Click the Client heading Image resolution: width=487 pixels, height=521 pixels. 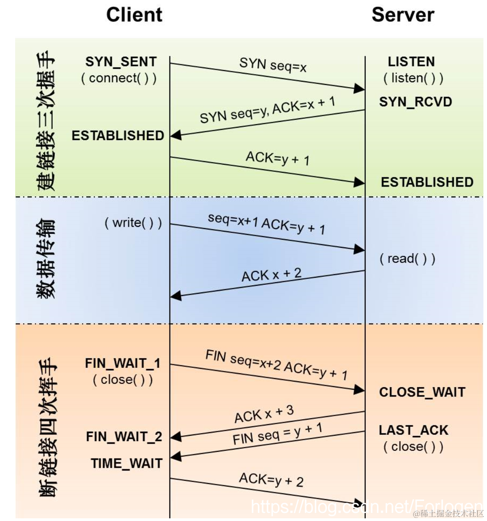pos(134,15)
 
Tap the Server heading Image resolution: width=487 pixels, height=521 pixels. pos(403,15)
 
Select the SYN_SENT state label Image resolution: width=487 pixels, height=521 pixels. pos(121,62)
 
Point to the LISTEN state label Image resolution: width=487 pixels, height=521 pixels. pos(411,62)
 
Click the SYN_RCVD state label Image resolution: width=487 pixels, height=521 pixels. pos(416,102)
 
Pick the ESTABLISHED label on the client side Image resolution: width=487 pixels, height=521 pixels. pos(118,135)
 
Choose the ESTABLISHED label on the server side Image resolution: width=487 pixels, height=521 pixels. pos(427,182)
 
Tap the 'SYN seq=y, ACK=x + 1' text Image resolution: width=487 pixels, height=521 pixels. pos(267,110)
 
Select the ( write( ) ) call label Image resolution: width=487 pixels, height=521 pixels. pos(133,222)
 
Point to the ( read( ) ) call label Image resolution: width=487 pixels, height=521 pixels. pos(407,258)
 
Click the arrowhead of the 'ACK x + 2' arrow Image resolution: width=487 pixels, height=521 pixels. pos(176,296)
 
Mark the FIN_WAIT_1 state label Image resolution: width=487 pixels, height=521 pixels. pos(123,363)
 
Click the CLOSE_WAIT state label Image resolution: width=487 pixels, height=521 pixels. pos(422,392)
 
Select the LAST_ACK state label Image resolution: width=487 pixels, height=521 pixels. pos(413,430)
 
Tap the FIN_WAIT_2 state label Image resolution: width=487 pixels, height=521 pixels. pos(124,436)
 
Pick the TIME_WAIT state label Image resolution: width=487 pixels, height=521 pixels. pos(126,463)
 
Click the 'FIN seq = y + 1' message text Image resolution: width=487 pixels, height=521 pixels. pos(277,434)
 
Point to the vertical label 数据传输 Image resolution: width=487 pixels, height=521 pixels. pos(46,259)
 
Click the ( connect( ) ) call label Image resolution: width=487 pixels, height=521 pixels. pos(119,78)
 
